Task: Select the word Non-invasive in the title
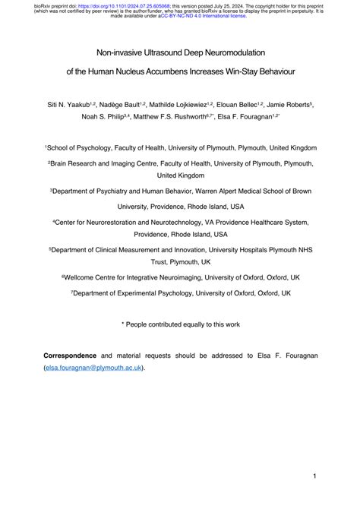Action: pyautogui.click(x=118, y=54)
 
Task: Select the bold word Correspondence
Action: pyautogui.click(x=70, y=355)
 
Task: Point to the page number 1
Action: pyautogui.click(x=314, y=476)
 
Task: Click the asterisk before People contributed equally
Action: pyautogui.click(x=123, y=324)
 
